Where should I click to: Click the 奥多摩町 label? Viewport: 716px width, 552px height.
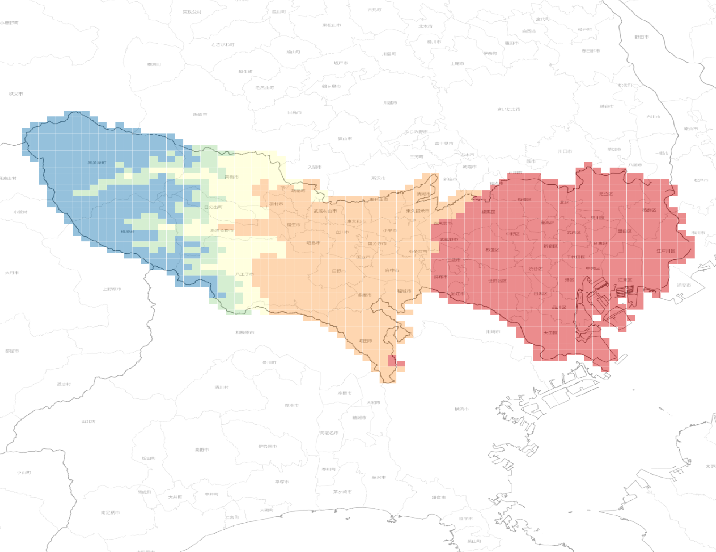(97, 163)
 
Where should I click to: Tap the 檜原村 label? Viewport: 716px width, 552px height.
(128, 232)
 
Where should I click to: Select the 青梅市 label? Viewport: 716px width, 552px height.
(232, 177)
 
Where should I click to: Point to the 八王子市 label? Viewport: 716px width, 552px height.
(244, 274)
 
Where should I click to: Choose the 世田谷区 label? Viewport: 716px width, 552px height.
(497, 281)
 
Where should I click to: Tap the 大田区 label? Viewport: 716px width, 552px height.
(551, 333)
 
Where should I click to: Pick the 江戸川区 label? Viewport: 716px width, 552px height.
(666, 251)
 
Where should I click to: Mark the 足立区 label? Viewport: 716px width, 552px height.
(606, 194)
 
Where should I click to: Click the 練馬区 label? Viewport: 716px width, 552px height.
(488, 212)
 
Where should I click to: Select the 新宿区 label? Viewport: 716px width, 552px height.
(551, 246)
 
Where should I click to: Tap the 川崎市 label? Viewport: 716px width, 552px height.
(493, 332)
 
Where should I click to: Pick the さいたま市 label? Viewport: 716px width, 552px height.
(508, 109)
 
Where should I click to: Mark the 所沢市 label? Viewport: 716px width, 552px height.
(378, 178)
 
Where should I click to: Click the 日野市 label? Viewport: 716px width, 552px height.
(339, 271)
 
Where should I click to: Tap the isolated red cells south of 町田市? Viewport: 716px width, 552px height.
(396, 362)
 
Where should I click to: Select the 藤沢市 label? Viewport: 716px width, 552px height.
(379, 477)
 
